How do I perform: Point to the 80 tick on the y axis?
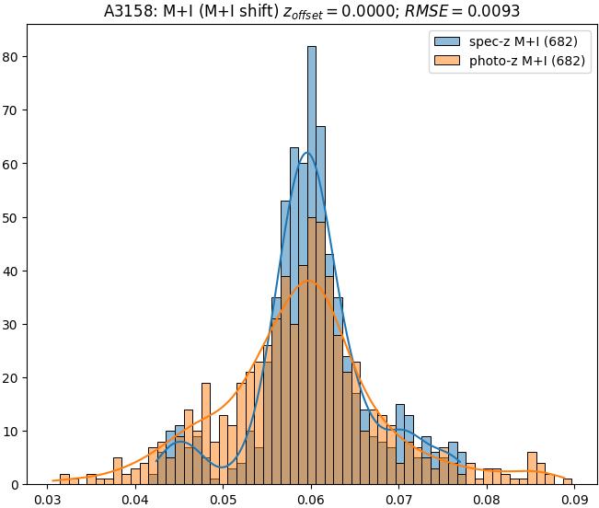14,57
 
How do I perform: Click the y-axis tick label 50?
14,217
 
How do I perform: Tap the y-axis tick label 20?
14,377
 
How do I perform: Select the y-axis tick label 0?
17,484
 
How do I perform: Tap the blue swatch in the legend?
447,42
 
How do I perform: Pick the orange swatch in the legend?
447,62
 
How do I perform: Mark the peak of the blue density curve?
307,153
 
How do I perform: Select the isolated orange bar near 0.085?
532,468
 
